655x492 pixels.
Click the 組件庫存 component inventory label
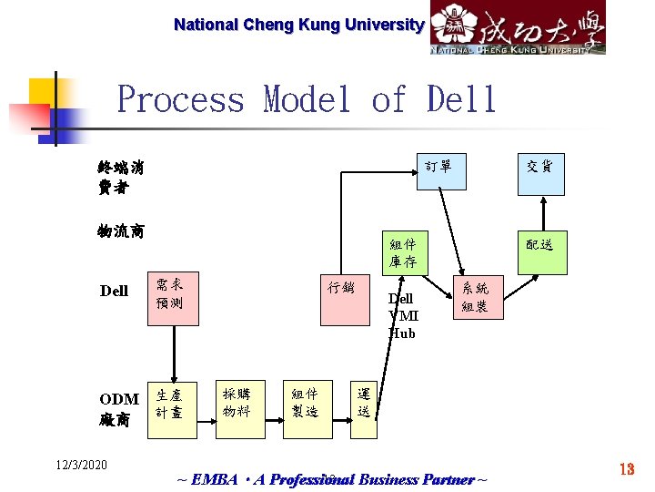pos(402,253)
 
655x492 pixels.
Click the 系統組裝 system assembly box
pos(476,297)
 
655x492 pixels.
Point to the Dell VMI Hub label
pos(403,315)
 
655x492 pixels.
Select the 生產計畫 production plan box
pos(171,405)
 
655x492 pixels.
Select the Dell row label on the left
pos(114,291)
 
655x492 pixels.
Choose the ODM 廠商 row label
pos(119,410)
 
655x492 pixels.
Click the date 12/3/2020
pos(80,466)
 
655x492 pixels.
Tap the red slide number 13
pos(627,468)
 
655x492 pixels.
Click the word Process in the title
pos(181,98)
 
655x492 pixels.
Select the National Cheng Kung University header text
pos(298,26)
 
